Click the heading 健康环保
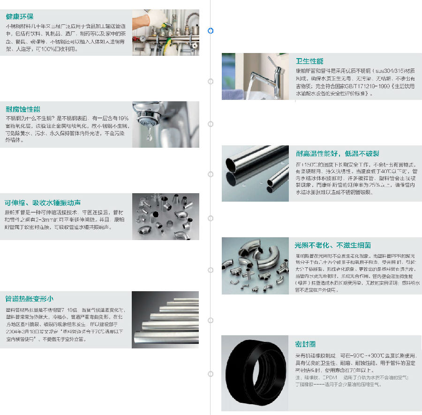coord(20,17)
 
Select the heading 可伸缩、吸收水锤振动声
coord(43,203)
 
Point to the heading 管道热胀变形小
coord(29,299)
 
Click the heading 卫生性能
coord(309,61)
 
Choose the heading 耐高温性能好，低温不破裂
coord(338,154)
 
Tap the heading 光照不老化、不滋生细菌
coord(333,245)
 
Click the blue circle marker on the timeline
coord(211,30)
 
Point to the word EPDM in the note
coord(330,377)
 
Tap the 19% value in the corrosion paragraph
coord(123,119)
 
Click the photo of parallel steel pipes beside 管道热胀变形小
coord(165,320)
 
